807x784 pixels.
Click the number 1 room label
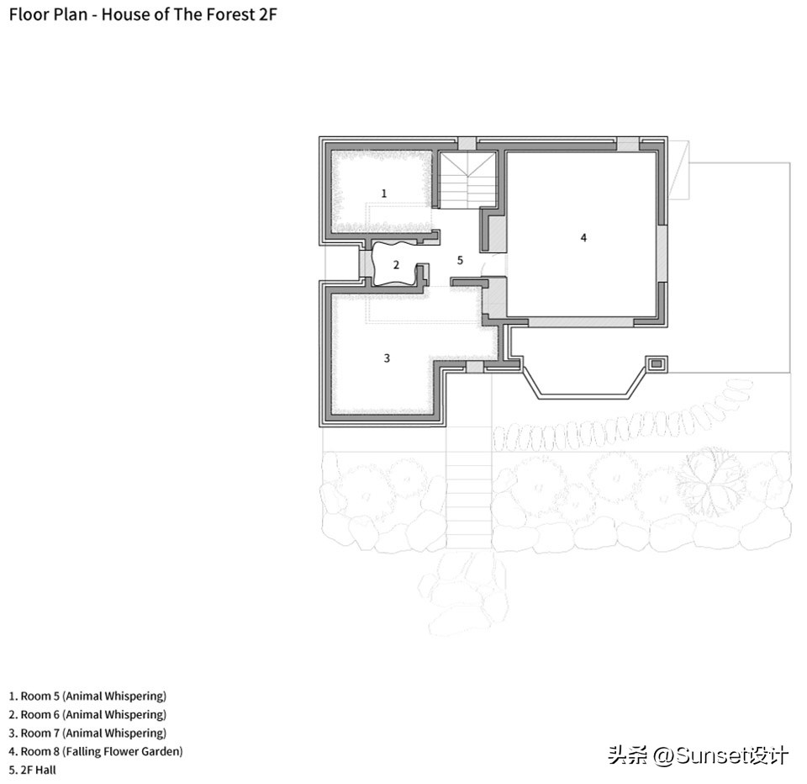click(x=384, y=193)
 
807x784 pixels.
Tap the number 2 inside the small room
click(x=396, y=265)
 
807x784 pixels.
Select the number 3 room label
click(x=387, y=358)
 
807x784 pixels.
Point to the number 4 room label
click(x=583, y=237)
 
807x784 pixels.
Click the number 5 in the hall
click(x=460, y=260)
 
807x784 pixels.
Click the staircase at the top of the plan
click(x=467, y=180)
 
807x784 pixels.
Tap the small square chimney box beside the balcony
click(x=657, y=364)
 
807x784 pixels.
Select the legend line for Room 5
click(x=87, y=696)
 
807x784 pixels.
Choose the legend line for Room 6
click(x=87, y=714)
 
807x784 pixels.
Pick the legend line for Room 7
click(x=87, y=733)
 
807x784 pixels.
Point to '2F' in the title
click(x=267, y=14)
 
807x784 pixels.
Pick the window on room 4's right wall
click(x=662, y=253)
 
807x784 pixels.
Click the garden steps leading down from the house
click(x=469, y=487)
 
